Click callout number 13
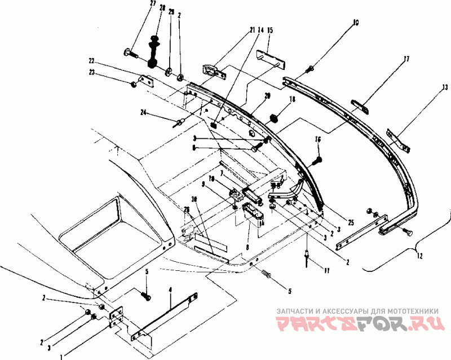click(445, 87)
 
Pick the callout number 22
click(91, 60)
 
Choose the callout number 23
click(91, 72)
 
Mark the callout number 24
click(144, 112)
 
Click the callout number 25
click(351, 223)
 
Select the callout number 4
click(171, 291)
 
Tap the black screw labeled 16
click(316, 161)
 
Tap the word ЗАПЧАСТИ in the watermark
click(292, 310)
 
